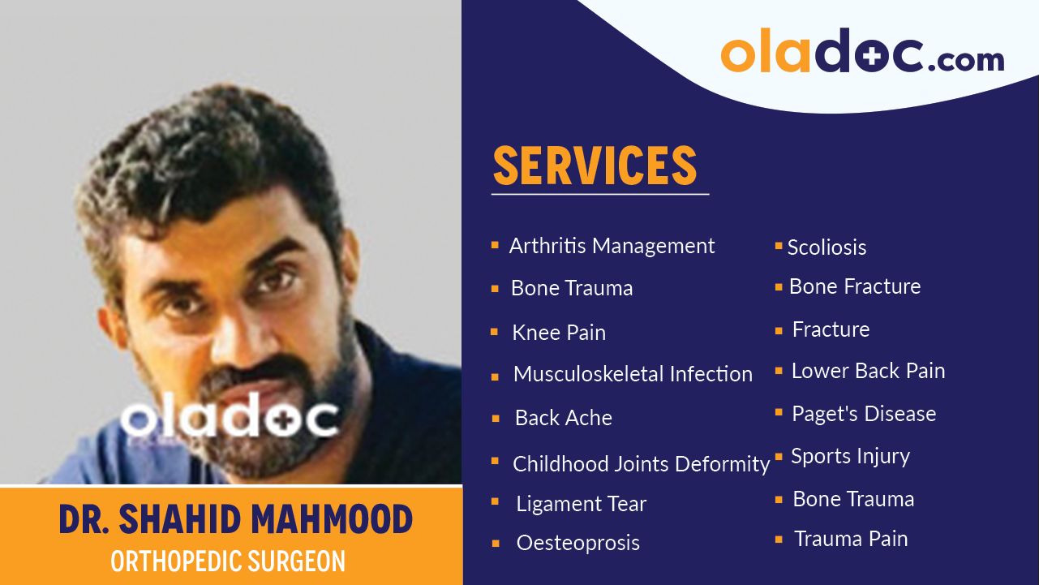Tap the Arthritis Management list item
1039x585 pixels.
coord(612,246)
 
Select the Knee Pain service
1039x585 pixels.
coord(559,333)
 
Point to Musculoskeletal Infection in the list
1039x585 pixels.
coord(633,374)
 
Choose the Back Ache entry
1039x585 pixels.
coord(564,418)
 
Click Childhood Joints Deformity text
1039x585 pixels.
coord(641,464)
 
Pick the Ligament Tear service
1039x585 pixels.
coord(581,504)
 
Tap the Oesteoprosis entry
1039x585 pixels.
coord(577,543)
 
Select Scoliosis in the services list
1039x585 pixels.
coord(826,247)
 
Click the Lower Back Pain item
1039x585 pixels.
coord(868,371)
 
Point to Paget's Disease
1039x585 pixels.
coord(864,414)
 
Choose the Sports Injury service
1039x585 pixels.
coord(850,457)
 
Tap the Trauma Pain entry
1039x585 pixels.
coord(851,539)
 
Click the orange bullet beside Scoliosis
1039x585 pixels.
coord(779,245)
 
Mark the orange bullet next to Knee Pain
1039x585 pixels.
coord(495,332)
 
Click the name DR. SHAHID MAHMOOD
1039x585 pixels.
coord(235,519)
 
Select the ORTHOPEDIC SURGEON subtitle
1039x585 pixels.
coord(228,561)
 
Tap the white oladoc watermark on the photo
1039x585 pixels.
coord(230,419)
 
